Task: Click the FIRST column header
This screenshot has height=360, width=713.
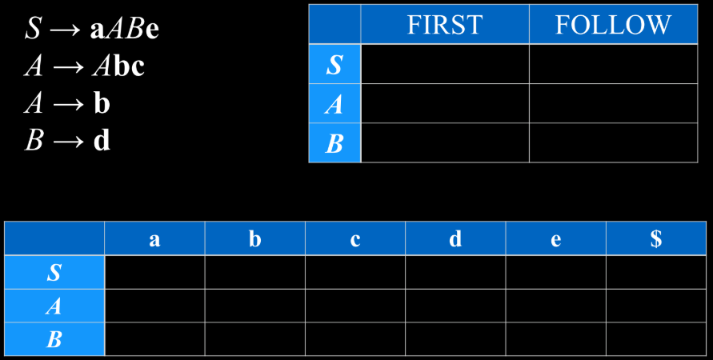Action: (x=445, y=24)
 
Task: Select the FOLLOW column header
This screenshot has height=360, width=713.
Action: (x=614, y=24)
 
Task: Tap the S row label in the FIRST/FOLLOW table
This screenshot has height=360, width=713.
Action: (x=334, y=64)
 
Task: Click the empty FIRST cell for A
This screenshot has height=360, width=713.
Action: (x=445, y=103)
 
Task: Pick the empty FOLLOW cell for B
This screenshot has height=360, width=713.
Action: (x=614, y=142)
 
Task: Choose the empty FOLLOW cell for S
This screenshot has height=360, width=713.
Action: (x=614, y=64)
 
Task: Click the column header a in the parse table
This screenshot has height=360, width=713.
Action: (x=154, y=238)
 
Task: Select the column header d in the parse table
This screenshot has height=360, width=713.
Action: (x=455, y=238)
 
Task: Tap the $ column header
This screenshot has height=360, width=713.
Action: (x=655, y=238)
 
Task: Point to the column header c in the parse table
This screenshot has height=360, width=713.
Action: (x=355, y=238)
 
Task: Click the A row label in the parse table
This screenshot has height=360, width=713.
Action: (x=54, y=306)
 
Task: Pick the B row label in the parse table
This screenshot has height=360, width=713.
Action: (x=54, y=339)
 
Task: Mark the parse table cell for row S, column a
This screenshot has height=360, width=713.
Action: (x=154, y=272)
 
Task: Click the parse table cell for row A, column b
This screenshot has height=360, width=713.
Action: (x=254, y=306)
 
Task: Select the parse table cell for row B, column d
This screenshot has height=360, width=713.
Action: (x=455, y=339)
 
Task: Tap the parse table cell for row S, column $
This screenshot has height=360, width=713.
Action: (x=655, y=272)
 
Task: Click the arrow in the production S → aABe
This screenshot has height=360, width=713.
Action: (x=67, y=30)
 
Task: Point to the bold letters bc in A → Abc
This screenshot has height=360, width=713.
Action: (x=129, y=67)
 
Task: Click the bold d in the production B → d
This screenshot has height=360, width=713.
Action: (x=102, y=141)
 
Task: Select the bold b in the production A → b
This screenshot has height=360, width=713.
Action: (x=102, y=104)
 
